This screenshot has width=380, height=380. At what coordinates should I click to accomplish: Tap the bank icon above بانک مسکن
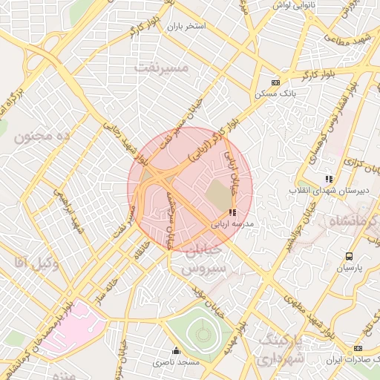[x=276, y=82]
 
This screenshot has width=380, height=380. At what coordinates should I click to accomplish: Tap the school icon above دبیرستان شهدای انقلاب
[x=329, y=179]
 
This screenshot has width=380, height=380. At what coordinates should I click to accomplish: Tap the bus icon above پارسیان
[x=349, y=257]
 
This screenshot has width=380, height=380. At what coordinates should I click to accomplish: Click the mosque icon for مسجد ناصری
[x=176, y=351]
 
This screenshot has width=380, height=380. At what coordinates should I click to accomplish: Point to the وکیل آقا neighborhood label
[x=29, y=262]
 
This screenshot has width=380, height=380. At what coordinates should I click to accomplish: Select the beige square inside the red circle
[x=218, y=195]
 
